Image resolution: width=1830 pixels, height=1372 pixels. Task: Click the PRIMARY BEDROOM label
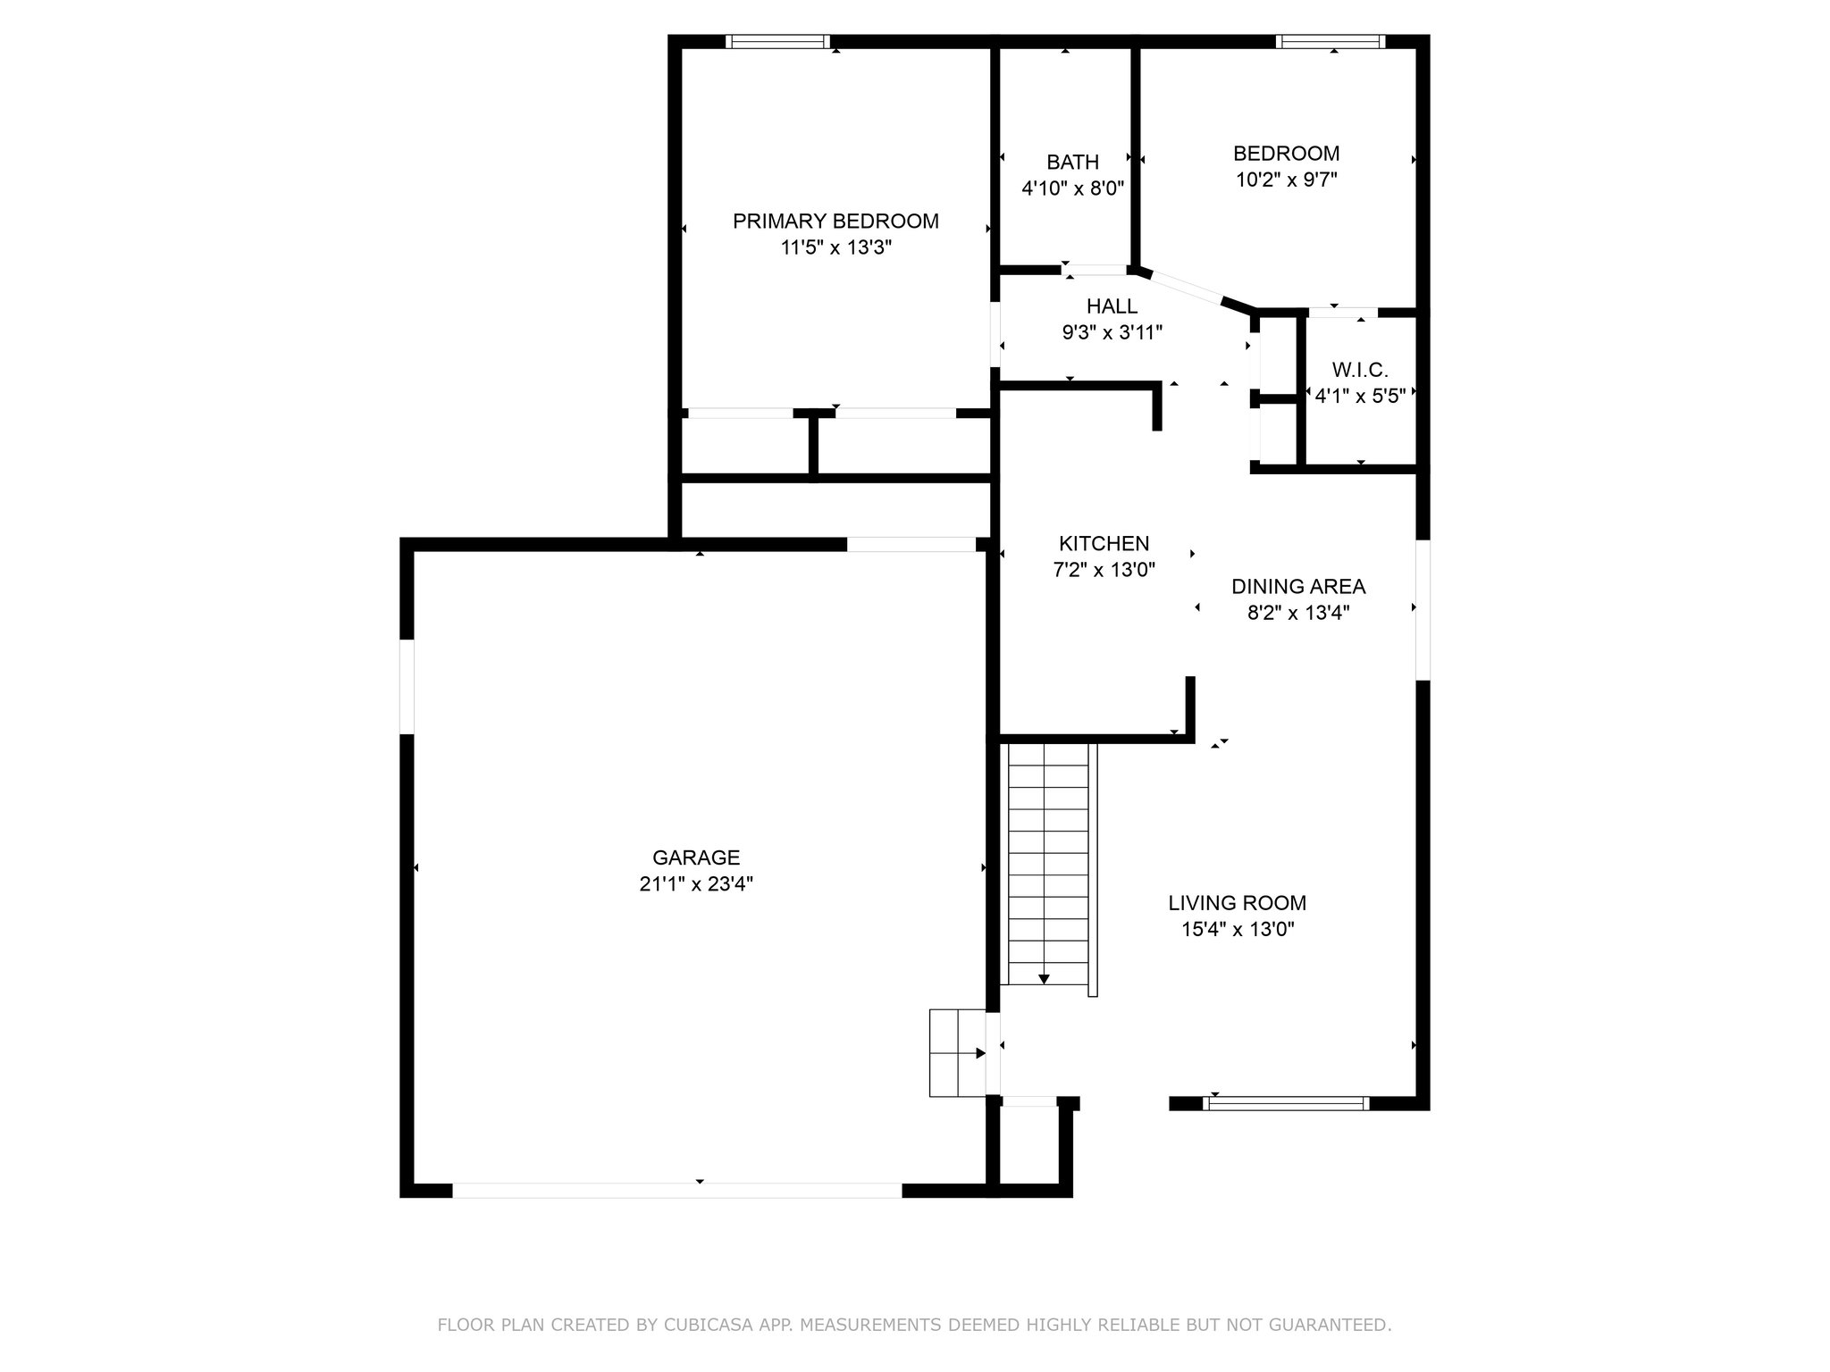(x=835, y=221)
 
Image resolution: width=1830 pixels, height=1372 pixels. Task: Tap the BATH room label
(x=1072, y=162)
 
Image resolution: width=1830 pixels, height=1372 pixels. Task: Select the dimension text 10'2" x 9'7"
(x=1286, y=180)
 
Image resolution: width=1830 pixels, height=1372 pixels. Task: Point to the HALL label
(x=1112, y=306)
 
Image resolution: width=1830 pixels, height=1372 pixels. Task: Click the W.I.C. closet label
(x=1360, y=369)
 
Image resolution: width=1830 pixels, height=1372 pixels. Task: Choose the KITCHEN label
(x=1104, y=543)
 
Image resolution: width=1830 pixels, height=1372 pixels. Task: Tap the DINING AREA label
(x=1297, y=586)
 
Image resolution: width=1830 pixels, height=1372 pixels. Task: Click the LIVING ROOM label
(x=1237, y=902)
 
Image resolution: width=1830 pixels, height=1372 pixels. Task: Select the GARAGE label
(x=696, y=857)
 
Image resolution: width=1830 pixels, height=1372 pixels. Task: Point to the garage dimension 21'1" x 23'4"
(x=696, y=884)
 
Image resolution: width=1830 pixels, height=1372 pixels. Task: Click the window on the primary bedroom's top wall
(x=777, y=41)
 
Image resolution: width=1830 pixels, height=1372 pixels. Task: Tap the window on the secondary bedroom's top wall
(x=1331, y=41)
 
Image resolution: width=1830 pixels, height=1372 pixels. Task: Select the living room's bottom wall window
(x=1285, y=1103)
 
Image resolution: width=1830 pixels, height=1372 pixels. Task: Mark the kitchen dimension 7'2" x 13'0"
(x=1104, y=570)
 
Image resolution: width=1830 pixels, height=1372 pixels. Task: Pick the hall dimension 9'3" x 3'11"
(x=1112, y=333)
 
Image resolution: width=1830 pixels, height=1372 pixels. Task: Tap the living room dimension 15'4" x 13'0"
(x=1238, y=929)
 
